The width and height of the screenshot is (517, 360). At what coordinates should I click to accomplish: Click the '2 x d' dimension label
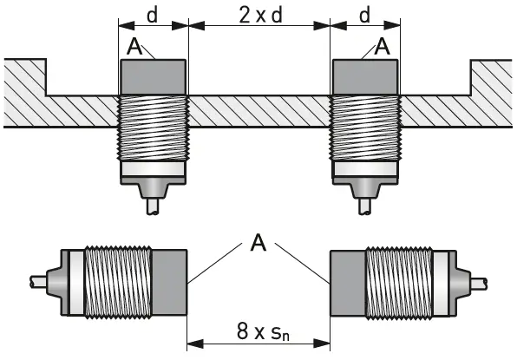click(258, 14)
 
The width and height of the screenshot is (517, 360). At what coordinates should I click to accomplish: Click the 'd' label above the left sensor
click(152, 14)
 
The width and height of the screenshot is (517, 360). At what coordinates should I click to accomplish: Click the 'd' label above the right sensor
click(365, 14)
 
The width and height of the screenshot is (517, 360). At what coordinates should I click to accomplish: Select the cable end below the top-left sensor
click(152, 208)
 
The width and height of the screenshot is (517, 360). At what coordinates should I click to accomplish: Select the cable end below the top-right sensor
click(365, 208)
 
